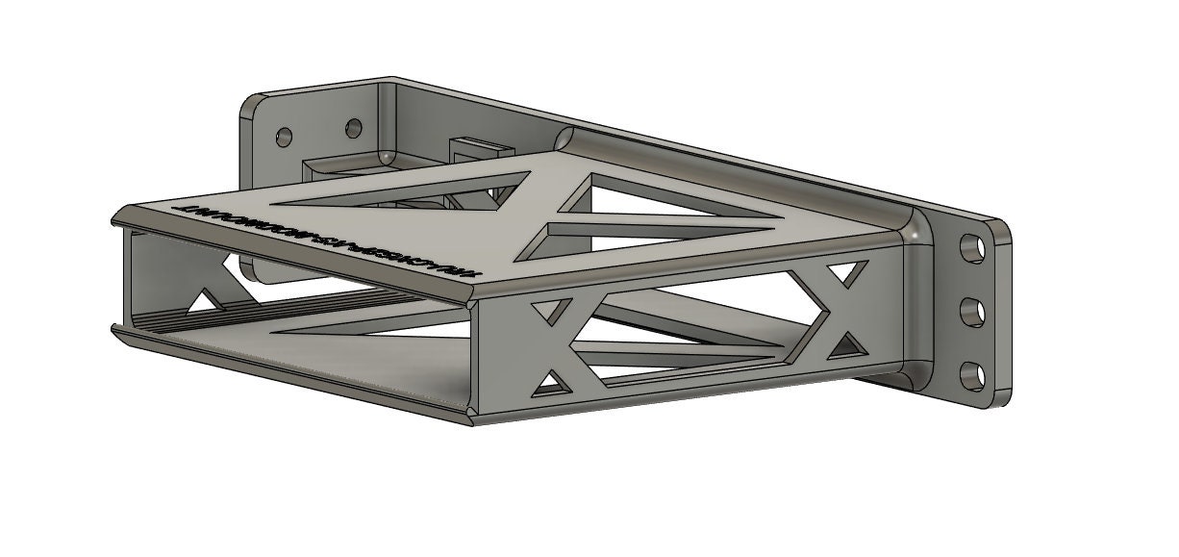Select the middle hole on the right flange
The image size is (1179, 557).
tap(973, 310)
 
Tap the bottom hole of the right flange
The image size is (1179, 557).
tap(972, 373)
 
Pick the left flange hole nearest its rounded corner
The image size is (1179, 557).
tap(283, 136)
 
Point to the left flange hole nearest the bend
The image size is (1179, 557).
tap(354, 126)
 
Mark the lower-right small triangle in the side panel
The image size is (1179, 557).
tap(848, 342)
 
